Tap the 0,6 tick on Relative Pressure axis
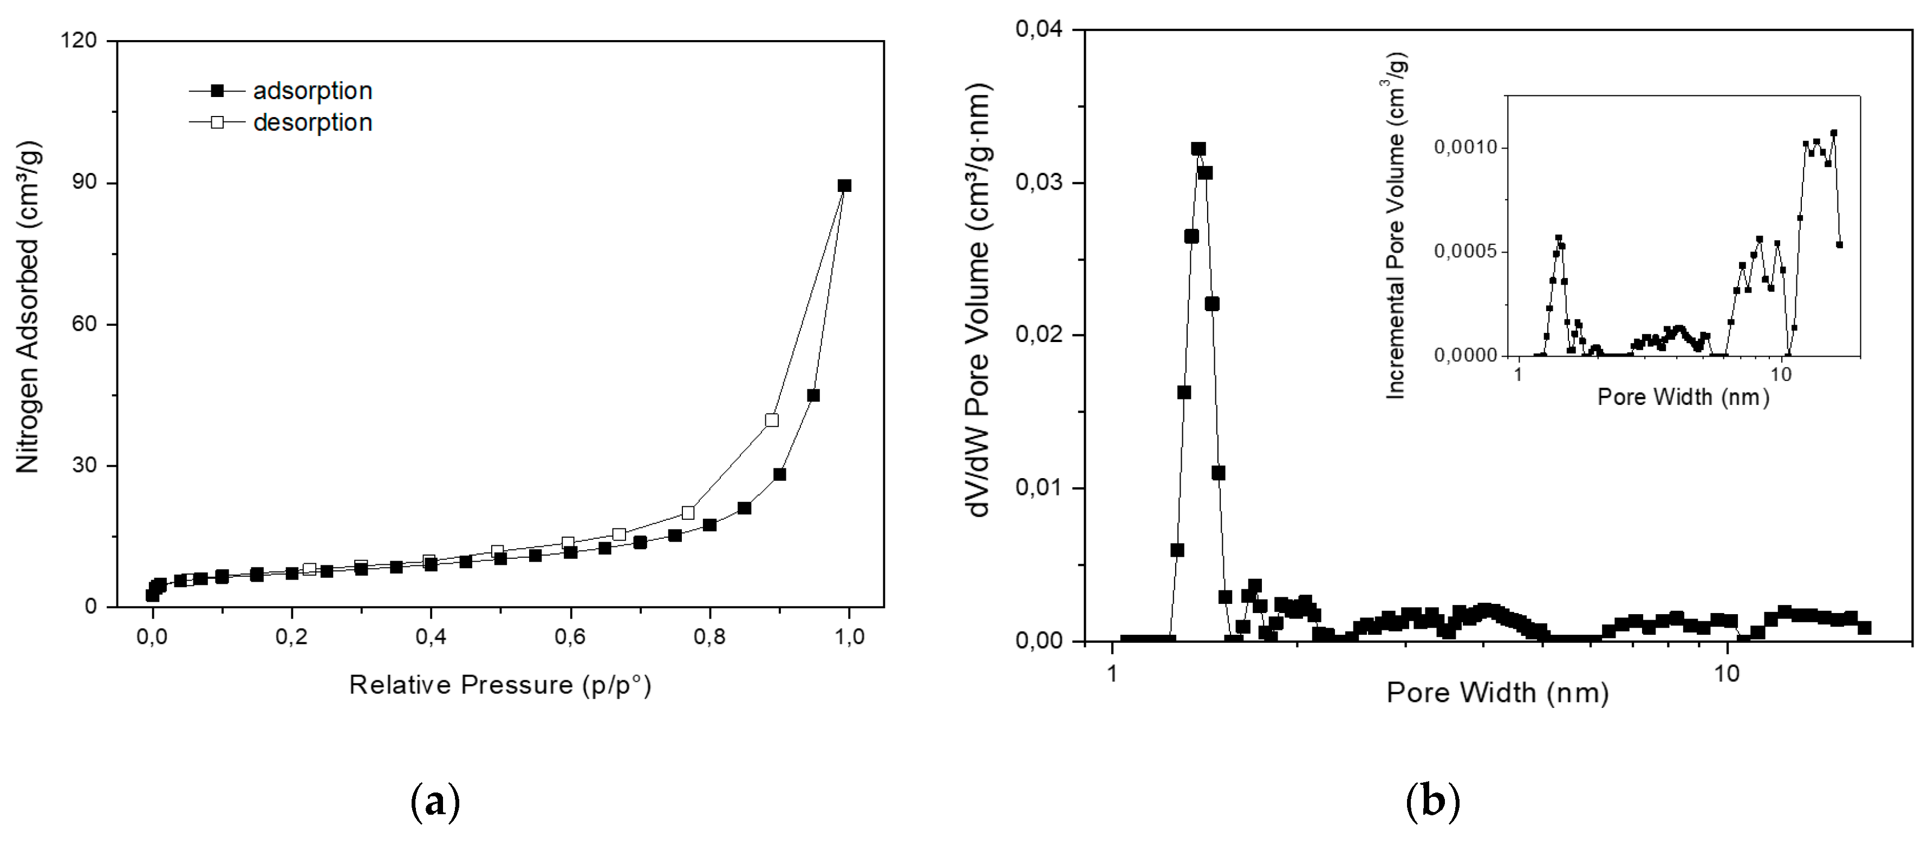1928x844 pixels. [570, 637]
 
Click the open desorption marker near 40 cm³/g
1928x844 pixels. [772, 420]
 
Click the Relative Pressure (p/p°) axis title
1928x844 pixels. [500, 685]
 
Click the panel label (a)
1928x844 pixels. [435, 802]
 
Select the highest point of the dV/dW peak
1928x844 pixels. [1199, 149]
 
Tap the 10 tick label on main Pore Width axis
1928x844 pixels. [1726, 673]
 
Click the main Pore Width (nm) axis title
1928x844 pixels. [1497, 693]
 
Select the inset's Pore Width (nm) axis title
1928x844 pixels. [1683, 396]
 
